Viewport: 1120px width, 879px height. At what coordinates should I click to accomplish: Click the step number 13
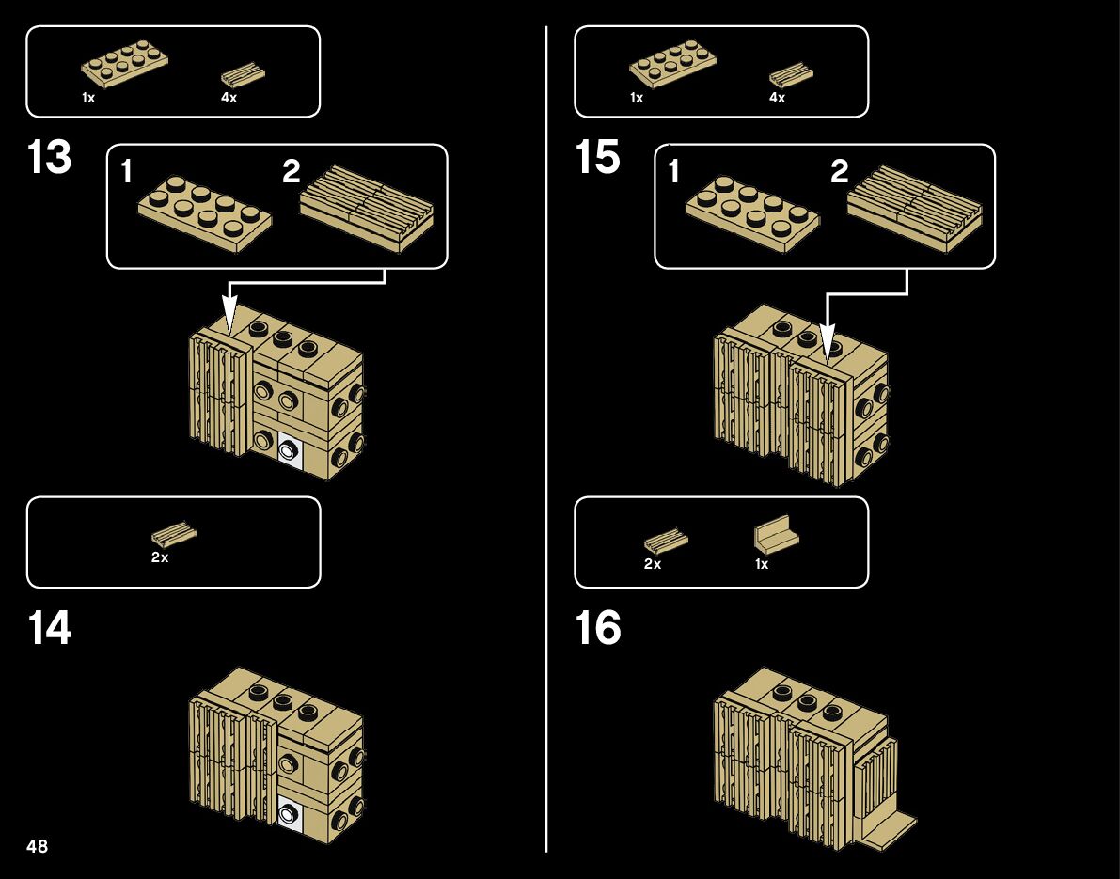coord(49,158)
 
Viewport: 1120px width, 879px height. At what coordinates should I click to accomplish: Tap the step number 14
coord(49,628)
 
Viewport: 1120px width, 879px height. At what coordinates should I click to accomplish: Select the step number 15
coord(597,158)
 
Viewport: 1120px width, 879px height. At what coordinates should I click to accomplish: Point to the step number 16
coord(597,628)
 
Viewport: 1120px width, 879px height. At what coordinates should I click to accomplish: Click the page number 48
coord(38,846)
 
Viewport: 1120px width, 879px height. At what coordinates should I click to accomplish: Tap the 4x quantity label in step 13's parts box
coord(229,98)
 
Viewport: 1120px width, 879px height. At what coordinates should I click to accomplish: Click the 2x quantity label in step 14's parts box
coord(160,557)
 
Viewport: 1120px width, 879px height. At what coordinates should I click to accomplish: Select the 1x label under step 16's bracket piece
coord(762,564)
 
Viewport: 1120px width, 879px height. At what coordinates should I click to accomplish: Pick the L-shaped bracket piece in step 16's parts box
coord(776,535)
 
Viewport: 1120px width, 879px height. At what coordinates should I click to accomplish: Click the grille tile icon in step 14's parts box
coord(174,535)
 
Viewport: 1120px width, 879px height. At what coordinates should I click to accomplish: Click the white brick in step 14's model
coord(290,814)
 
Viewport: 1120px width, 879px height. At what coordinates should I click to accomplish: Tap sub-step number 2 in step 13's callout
coord(292,171)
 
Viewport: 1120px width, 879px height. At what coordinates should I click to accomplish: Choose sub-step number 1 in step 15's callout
coord(673,171)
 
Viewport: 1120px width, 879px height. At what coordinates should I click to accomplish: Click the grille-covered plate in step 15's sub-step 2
coord(914,209)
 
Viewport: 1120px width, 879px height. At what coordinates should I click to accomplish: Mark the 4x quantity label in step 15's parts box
coord(777,98)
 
